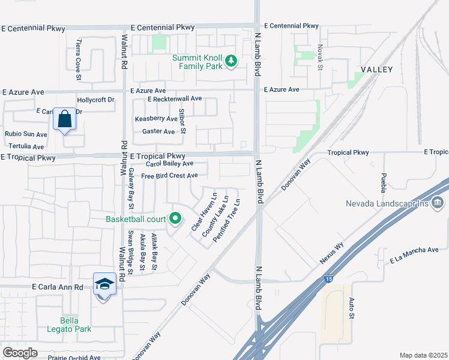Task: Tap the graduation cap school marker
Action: (104, 284)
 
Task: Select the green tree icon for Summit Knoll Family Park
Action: (231, 60)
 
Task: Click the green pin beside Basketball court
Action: (175, 219)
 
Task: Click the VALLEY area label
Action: (376, 70)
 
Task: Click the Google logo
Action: (20, 353)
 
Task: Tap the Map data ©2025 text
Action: (423, 355)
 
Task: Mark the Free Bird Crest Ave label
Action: (169, 176)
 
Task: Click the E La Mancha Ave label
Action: (414, 255)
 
